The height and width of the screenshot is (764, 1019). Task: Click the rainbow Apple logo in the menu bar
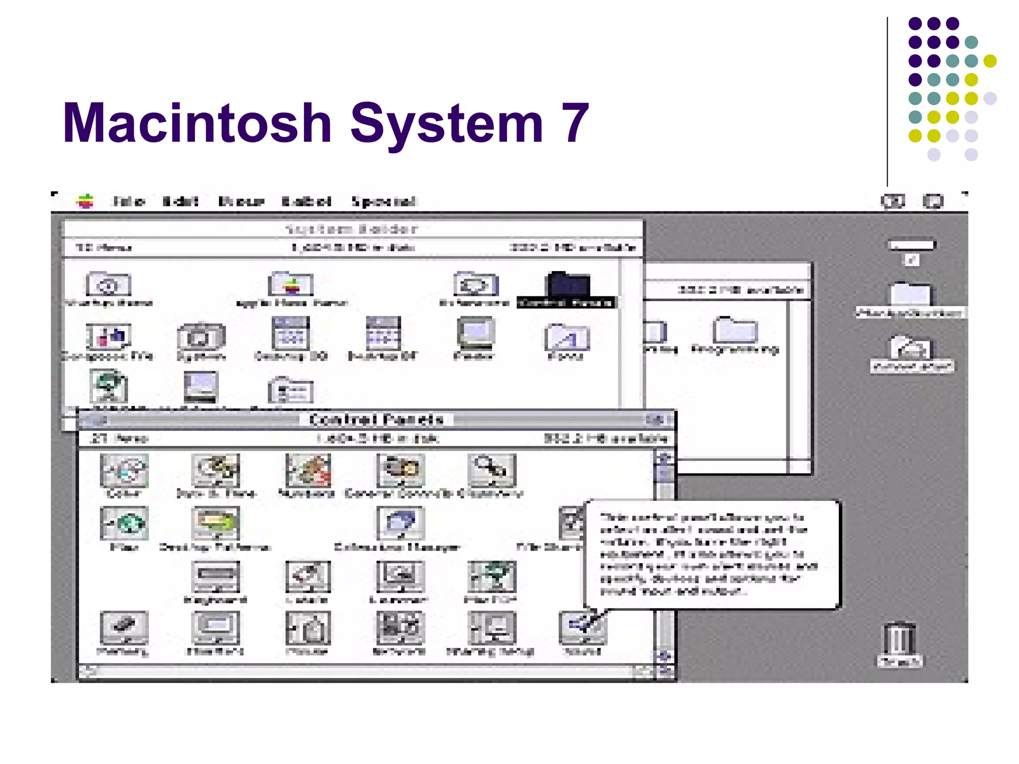[86, 201]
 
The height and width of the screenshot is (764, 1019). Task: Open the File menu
[128, 201]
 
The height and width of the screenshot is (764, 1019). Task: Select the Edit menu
[181, 201]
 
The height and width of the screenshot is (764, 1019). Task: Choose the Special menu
[384, 201]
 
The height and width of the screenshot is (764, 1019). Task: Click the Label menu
[306, 201]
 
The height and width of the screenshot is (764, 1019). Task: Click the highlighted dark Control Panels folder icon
[567, 285]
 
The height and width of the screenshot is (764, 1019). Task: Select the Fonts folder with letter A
[567, 338]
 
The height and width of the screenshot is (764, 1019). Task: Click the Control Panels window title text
[376, 420]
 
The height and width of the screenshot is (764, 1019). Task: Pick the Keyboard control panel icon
[215, 577]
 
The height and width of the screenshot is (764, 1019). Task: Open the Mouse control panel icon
[307, 628]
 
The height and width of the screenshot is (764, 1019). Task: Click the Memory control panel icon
[124, 628]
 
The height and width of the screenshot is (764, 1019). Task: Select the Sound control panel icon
[582, 628]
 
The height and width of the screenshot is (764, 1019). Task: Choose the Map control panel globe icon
[124, 523]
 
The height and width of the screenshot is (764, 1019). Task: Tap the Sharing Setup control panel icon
[492, 628]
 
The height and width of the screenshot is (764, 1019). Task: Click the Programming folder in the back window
[735, 330]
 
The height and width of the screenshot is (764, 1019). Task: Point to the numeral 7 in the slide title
[575, 123]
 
